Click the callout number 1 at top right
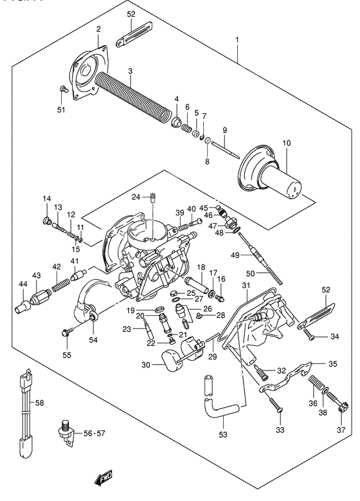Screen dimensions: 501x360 tap(238, 41)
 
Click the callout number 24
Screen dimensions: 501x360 tap(136, 197)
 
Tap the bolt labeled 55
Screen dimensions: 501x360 tap(66, 332)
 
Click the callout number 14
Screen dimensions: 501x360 tap(46, 198)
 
